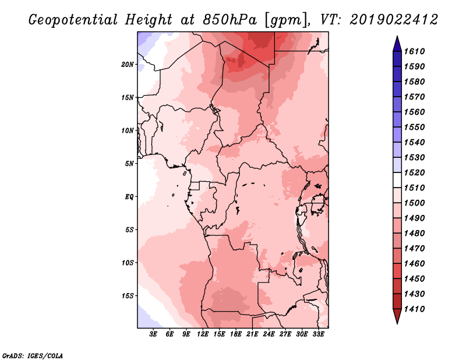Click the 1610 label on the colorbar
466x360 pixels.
coord(415,51)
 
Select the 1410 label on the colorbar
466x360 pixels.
coord(415,309)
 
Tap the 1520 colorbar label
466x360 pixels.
coord(415,172)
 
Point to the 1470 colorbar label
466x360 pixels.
coord(415,248)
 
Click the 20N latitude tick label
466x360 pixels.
coord(128,65)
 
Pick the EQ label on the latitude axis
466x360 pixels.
coord(129,197)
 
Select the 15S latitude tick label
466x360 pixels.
coord(128,296)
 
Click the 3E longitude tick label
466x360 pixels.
coord(153,334)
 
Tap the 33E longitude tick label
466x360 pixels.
coord(318,334)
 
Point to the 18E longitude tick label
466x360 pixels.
coord(236,334)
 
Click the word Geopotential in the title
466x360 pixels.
coord(73,20)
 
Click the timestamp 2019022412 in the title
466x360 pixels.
coord(394,20)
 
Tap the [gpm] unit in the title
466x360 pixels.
coord(287,20)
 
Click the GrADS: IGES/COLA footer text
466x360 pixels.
coord(33,356)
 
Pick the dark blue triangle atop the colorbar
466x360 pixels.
coord(397,44)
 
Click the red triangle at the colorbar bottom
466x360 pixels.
coord(397,316)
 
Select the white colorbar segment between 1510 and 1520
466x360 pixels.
coord(397,180)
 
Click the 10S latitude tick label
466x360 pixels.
coord(128,263)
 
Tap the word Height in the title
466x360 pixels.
coord(149,20)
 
